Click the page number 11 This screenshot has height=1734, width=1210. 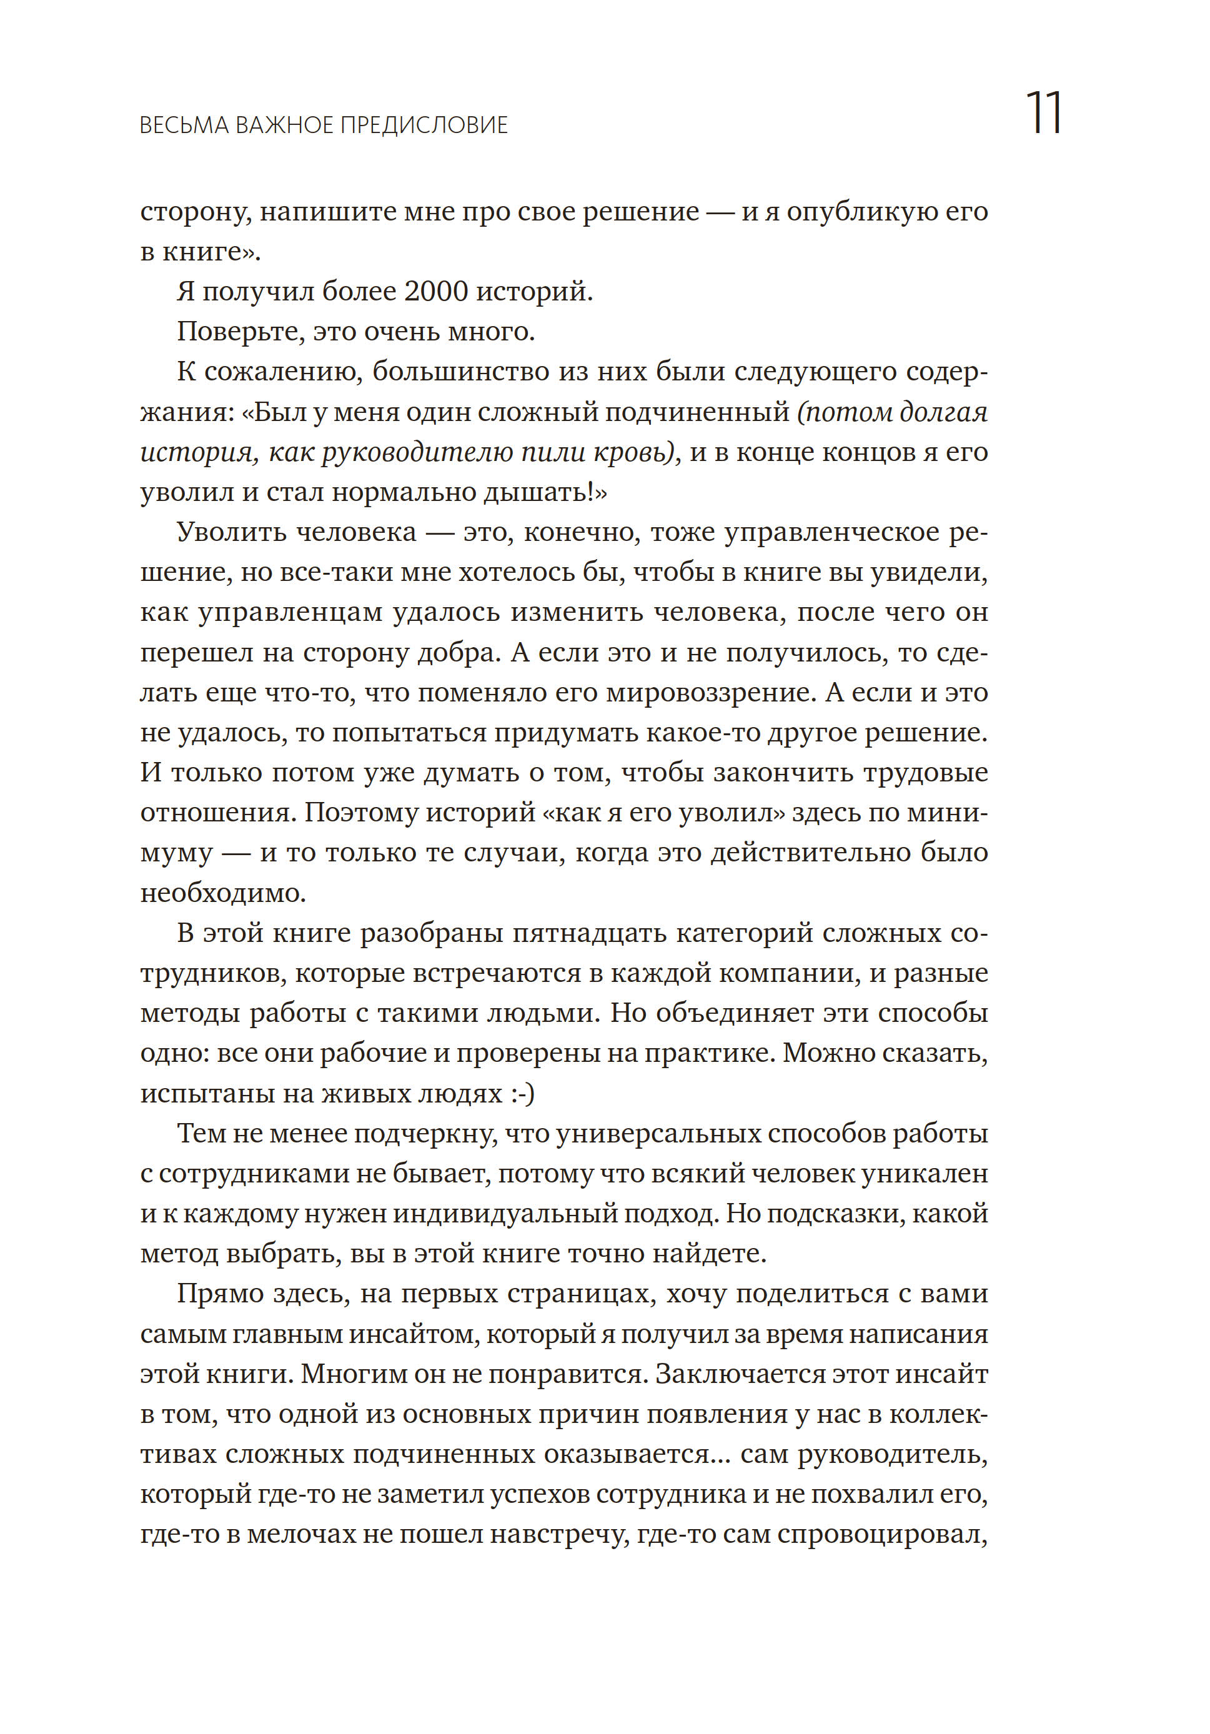[x=1044, y=114]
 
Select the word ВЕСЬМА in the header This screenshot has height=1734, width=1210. [x=184, y=126]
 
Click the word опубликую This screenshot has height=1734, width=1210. [x=862, y=212]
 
